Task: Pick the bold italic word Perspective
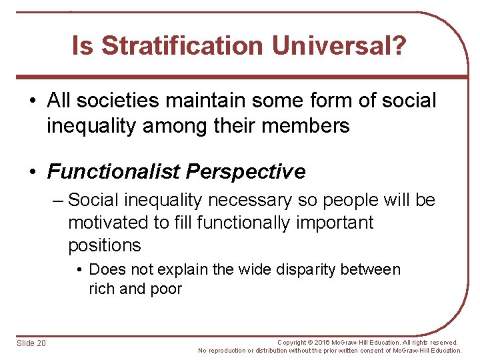(246, 171)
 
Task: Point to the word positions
(105, 245)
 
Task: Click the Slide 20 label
(32, 343)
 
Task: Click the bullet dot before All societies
(32, 101)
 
